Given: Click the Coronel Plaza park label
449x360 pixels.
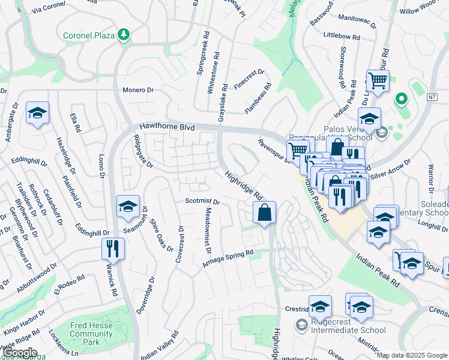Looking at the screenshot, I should (x=89, y=35).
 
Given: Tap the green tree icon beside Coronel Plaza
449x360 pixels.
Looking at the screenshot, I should (x=124, y=35).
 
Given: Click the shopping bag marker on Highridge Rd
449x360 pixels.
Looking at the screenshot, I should (x=264, y=212).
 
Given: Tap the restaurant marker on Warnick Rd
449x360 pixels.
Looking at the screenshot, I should (x=113, y=248).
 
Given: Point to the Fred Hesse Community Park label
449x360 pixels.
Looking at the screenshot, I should (x=92, y=334).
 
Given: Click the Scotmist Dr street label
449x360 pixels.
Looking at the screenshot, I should (x=202, y=202).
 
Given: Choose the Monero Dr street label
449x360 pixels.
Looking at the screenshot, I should (x=138, y=90).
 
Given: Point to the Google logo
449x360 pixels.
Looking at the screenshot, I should (x=19, y=353).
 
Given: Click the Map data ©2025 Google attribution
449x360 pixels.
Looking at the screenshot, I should (x=412, y=355).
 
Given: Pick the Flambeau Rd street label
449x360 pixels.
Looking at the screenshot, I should (x=258, y=98).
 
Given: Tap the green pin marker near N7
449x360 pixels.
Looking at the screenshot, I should (x=400, y=98).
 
